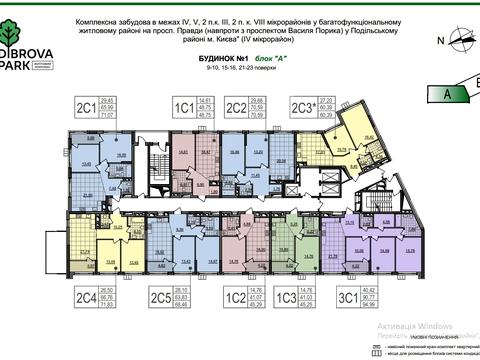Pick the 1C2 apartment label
[x=233, y=297]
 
